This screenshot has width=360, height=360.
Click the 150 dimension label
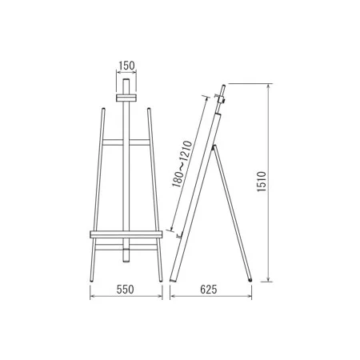(x=126, y=66)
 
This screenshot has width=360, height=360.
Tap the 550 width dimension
(x=126, y=290)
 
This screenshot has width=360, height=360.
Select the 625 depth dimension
(x=209, y=290)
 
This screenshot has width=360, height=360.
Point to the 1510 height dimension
(x=262, y=182)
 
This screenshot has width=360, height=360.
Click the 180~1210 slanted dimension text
(x=182, y=164)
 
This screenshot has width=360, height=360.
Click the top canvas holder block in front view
(x=126, y=98)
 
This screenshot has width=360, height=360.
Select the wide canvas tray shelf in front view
(x=126, y=234)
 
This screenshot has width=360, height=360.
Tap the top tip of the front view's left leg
(x=103, y=109)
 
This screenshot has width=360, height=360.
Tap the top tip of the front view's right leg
(x=149, y=109)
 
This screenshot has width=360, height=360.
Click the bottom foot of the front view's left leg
(x=92, y=281)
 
